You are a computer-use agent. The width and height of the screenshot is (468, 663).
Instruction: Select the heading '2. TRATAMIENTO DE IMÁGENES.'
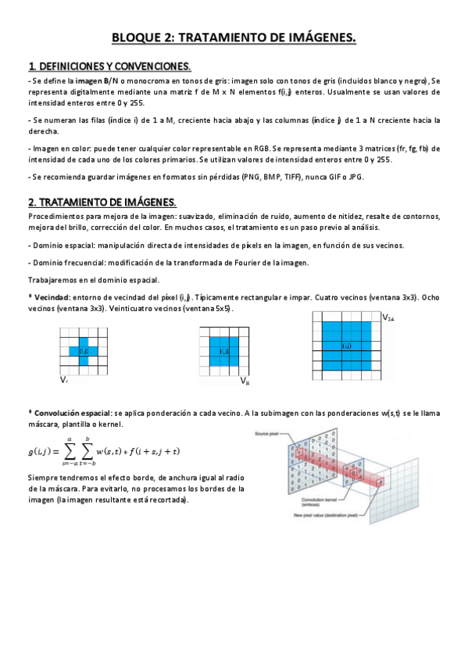point(102,202)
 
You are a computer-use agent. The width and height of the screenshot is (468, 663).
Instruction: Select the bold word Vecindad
point(52,297)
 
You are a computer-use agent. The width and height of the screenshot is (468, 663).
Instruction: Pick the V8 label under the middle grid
point(245,382)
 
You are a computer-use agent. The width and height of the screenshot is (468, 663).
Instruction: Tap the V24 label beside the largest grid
point(388,318)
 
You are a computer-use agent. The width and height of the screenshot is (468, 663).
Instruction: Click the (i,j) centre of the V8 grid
point(223,351)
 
